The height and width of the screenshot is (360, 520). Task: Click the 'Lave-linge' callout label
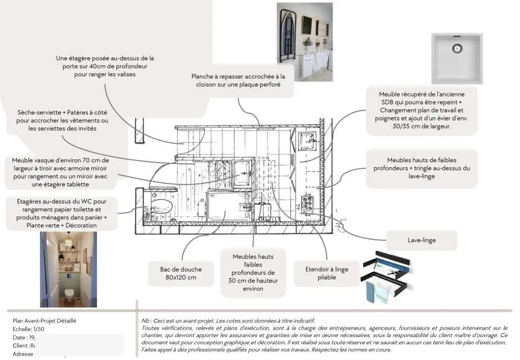point(421,240)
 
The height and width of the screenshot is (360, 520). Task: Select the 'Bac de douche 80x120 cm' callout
point(181,274)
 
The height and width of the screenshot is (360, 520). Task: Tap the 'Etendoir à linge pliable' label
point(327,273)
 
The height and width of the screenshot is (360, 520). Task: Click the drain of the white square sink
point(457,49)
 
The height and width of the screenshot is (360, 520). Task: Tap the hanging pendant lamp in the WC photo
point(68,242)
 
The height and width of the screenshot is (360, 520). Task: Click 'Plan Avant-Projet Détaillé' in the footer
point(44,321)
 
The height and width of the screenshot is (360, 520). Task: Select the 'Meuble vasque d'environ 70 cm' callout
point(60,172)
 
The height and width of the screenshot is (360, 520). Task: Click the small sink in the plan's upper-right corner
point(307,139)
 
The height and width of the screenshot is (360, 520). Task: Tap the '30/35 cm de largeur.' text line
point(421,126)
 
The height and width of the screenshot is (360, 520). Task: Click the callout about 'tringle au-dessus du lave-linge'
point(421,168)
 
